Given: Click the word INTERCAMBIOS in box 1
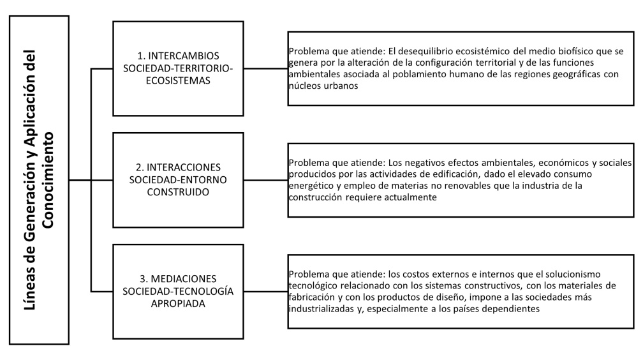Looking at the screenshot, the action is [183, 56].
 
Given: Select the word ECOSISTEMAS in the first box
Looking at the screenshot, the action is [178, 80].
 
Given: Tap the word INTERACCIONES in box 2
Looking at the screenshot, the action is [183, 167].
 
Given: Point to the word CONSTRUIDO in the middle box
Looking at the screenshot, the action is [178, 192].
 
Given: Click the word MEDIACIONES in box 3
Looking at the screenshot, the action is [184, 279].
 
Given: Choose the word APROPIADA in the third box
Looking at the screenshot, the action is [178, 304].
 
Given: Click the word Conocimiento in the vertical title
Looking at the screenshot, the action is [48, 180].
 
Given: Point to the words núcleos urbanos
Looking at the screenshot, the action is [323, 86].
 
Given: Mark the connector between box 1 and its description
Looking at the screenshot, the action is [266, 68].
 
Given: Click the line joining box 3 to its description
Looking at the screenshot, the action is [266, 292].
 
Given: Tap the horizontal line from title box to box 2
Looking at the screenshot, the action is [91, 180].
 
